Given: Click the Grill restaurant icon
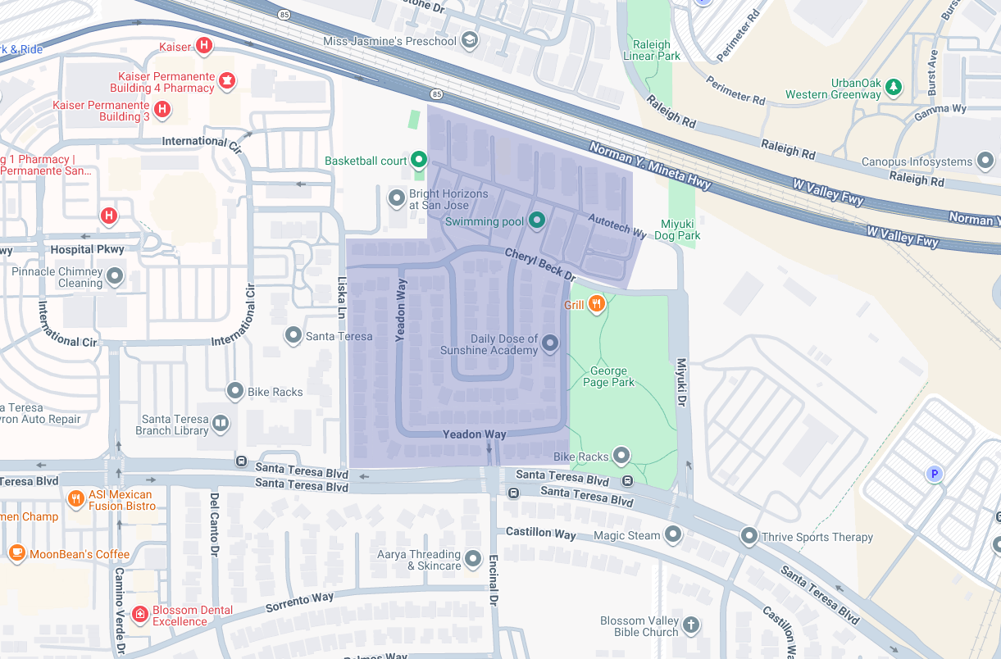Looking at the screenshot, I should click(x=596, y=305).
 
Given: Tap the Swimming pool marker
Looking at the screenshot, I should click(x=536, y=220).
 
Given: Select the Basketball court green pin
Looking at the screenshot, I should click(x=419, y=160).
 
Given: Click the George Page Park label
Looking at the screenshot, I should click(x=609, y=376).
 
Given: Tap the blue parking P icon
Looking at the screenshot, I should click(x=933, y=474).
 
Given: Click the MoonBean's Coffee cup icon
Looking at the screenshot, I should click(x=16, y=553).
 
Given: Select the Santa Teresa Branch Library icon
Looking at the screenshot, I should click(x=220, y=424).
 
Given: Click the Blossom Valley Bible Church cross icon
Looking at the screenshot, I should click(x=691, y=625).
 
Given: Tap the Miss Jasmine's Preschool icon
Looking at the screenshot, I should click(x=469, y=40).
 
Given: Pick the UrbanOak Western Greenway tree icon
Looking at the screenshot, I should click(x=894, y=86).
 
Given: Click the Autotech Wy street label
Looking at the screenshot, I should click(x=617, y=226).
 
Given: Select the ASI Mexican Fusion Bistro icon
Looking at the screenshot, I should click(x=75, y=498).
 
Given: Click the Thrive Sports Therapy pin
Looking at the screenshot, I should click(x=748, y=537).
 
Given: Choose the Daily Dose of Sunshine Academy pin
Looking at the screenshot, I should click(x=550, y=343).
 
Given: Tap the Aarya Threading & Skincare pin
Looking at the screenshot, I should click(x=472, y=559).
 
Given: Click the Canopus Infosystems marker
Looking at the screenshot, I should click(x=985, y=161).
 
